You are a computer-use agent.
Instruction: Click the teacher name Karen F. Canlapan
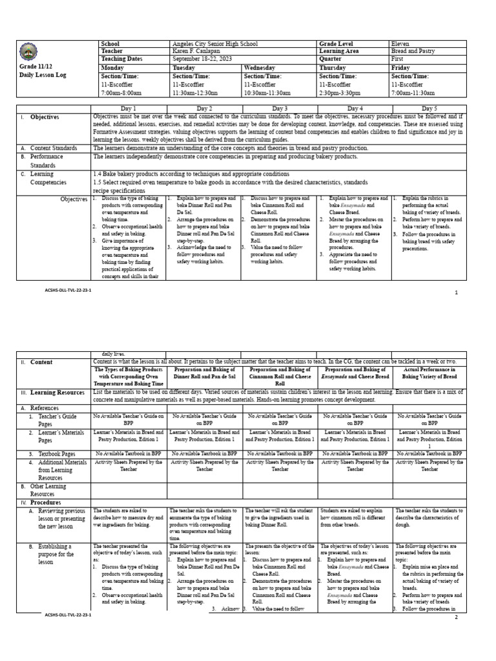coord(200,51)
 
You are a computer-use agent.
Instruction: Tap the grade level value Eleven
coord(400,44)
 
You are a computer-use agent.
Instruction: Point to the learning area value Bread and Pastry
coord(413,51)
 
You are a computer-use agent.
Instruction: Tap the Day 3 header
coord(280,108)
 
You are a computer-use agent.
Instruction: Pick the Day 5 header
coord(429,108)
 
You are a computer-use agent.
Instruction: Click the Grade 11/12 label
coord(34,66)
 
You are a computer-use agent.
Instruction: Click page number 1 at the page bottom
coord(456,292)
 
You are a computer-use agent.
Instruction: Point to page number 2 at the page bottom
coord(456,617)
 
